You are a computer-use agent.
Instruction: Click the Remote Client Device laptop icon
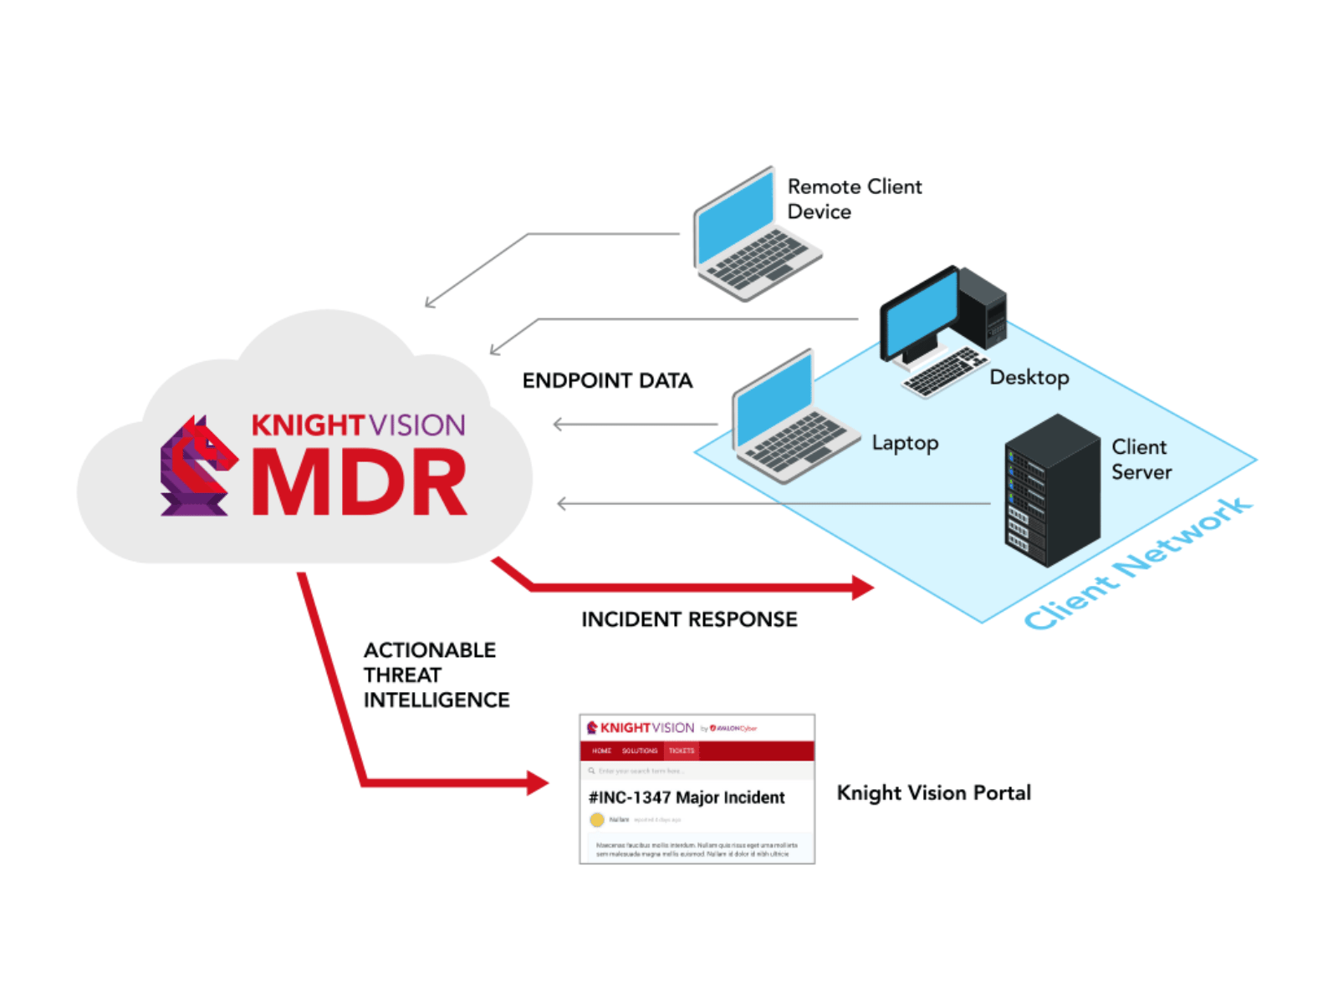tap(753, 238)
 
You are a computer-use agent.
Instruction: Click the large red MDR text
tap(360, 482)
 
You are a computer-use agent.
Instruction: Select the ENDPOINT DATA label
tap(607, 381)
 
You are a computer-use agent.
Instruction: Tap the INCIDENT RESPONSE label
tap(689, 619)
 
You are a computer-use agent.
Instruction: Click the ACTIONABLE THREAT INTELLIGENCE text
tap(435, 675)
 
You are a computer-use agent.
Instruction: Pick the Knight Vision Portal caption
tap(933, 792)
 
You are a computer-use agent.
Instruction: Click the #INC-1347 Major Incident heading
tap(687, 797)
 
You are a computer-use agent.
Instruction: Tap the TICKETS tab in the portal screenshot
tap(682, 751)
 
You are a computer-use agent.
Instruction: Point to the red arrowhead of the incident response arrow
tap(863, 588)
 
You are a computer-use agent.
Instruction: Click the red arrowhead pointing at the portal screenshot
tap(538, 783)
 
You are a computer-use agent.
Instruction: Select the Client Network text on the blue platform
tap(1137, 564)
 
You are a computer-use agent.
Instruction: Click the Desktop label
tap(1029, 378)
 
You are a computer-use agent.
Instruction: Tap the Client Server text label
tap(1141, 459)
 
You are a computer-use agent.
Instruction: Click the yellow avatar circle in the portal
tap(597, 820)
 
